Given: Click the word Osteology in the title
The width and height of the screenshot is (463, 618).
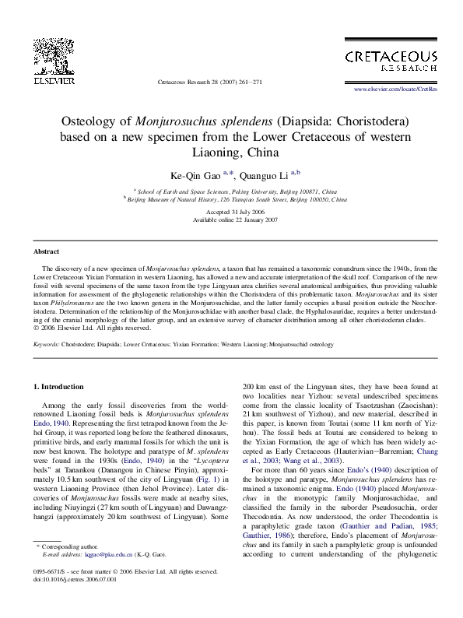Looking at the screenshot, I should click(x=97, y=122).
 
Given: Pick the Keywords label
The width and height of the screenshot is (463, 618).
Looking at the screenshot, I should click(x=47, y=342).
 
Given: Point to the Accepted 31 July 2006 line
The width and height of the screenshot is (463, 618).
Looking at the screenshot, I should click(x=230, y=212).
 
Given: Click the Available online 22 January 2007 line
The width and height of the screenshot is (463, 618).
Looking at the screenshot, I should click(x=230, y=219).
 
